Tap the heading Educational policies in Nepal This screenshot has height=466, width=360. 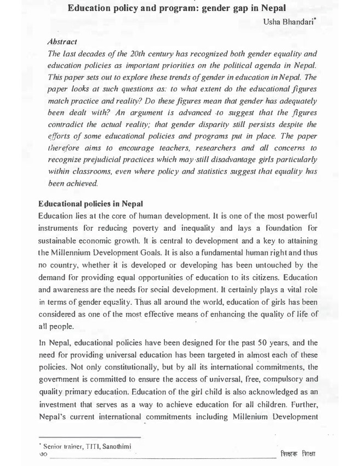[94, 204]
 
